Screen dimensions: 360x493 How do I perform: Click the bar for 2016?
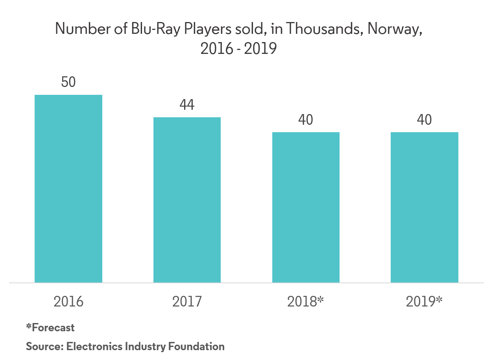[x=68, y=188]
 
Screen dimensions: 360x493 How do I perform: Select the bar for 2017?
[x=187, y=200]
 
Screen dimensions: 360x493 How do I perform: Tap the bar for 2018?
[x=306, y=207]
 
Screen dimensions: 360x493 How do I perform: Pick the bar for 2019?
[x=424, y=207]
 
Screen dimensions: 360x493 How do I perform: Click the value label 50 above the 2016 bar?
[x=68, y=82]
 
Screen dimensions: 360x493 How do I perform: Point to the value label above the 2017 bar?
[x=187, y=107]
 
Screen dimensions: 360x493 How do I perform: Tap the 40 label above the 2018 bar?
[x=305, y=120]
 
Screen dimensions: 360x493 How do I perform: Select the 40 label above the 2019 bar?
[x=424, y=120]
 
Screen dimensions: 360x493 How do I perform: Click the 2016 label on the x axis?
[x=68, y=301]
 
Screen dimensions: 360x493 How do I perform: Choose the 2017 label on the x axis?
[x=187, y=301]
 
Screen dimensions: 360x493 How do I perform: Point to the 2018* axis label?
[x=305, y=301]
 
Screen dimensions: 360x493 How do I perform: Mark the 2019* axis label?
[x=424, y=301]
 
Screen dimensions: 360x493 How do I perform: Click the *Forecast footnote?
[x=50, y=327]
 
